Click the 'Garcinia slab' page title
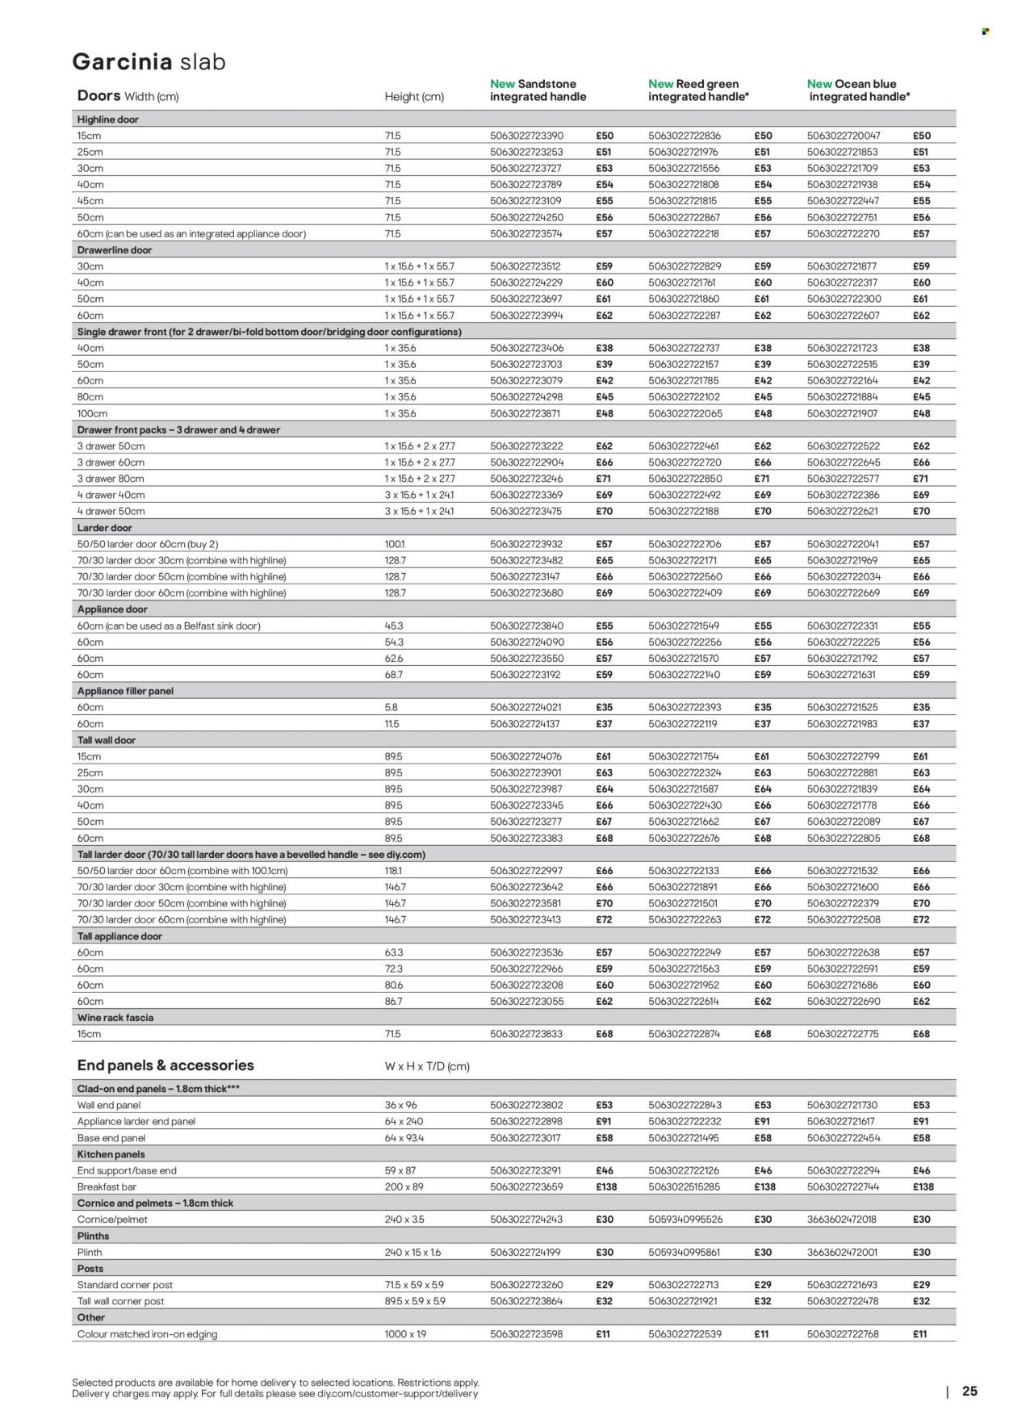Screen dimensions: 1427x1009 pyautogui.click(x=149, y=62)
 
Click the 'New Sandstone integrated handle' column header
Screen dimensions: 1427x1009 pyautogui.click(x=538, y=90)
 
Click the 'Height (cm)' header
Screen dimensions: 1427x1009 pyautogui.click(x=414, y=97)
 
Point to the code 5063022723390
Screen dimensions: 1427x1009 pyautogui.click(x=526, y=136)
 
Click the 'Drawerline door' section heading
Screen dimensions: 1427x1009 pyautogui.click(x=115, y=250)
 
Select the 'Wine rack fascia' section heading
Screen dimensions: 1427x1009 pyautogui.click(x=115, y=1018)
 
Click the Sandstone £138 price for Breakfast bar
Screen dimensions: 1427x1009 pyautogui.click(x=605, y=1187)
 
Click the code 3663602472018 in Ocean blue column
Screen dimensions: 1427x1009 pyautogui.click(x=844, y=1220)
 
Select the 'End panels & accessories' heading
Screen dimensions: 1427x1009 pyautogui.click(x=165, y=1065)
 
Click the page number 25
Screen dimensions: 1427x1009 pyautogui.click(x=969, y=1391)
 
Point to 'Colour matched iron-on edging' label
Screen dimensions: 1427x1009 pyautogui.click(x=147, y=1334)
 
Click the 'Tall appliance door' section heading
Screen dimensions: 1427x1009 pyautogui.click(x=119, y=936)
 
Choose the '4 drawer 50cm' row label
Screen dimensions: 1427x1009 pyautogui.click(x=111, y=511)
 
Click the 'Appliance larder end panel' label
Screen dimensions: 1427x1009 pyautogui.click(x=136, y=1122)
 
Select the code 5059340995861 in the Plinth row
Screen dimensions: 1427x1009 pyautogui.click(x=685, y=1253)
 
